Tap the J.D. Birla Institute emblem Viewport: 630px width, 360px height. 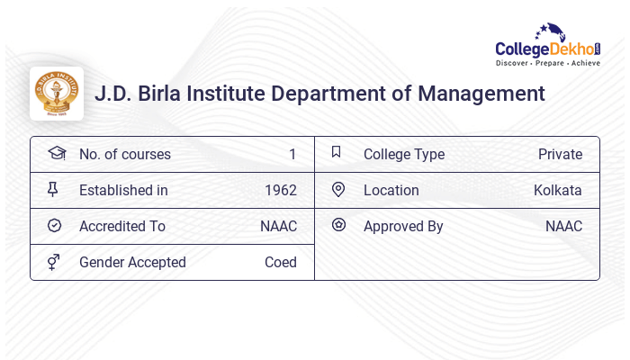56,94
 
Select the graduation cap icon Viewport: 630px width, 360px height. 56,154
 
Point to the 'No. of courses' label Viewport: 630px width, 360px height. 124,155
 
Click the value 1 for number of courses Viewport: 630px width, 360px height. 292,155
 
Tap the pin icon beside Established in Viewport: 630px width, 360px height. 55,190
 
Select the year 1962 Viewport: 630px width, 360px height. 280,191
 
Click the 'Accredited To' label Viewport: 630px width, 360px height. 121,227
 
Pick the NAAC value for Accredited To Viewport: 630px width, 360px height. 278,227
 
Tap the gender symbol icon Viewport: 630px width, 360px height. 55,262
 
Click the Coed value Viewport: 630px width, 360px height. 280,263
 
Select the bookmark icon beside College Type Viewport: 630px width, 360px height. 337,153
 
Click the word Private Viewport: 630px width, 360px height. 560,155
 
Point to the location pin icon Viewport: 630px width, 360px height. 337,190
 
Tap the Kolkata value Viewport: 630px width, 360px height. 557,191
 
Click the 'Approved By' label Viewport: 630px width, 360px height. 403,227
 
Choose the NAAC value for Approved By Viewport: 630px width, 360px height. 563,227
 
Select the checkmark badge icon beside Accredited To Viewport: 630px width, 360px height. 55,226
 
